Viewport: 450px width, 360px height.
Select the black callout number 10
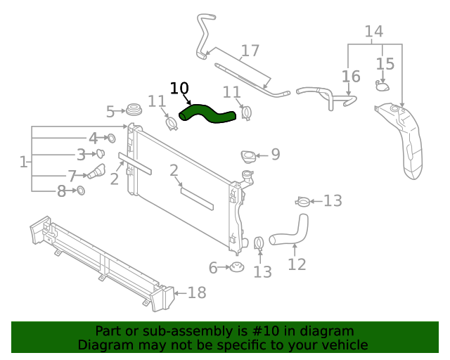(179, 88)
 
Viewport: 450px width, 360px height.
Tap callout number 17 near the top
(250, 51)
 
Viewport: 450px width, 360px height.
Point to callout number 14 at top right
(373, 31)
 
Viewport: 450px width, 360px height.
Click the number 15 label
(385, 64)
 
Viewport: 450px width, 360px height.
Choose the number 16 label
(351, 76)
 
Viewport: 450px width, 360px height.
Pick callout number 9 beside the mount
(275, 154)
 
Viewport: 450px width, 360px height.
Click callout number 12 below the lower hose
(297, 264)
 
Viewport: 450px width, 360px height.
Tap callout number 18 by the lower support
(197, 292)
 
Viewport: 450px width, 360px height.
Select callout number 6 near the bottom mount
(213, 267)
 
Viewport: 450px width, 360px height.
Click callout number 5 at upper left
(110, 111)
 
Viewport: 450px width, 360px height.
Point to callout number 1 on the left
(24, 162)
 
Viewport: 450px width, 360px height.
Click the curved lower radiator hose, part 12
(290, 233)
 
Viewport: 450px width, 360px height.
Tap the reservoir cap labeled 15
(382, 86)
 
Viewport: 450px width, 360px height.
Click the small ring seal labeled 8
(80, 191)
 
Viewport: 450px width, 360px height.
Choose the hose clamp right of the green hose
(246, 112)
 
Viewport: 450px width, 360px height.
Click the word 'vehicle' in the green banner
(343, 345)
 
